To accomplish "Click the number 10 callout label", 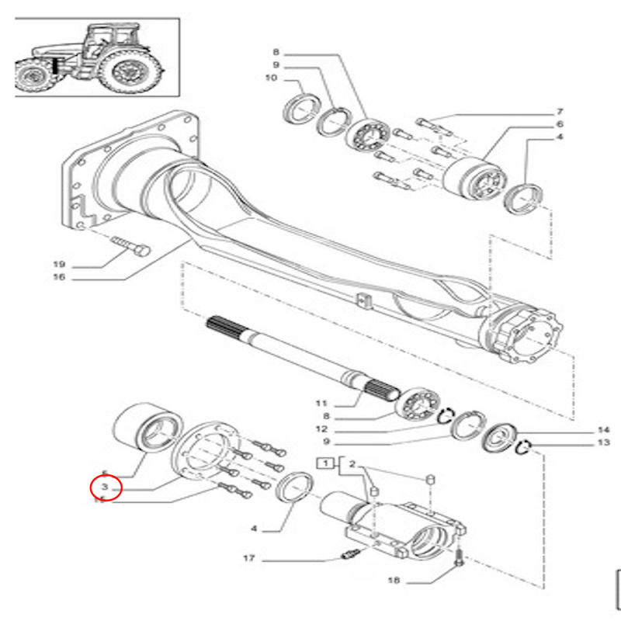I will point(271,79).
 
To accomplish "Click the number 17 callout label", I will point(248,558).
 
